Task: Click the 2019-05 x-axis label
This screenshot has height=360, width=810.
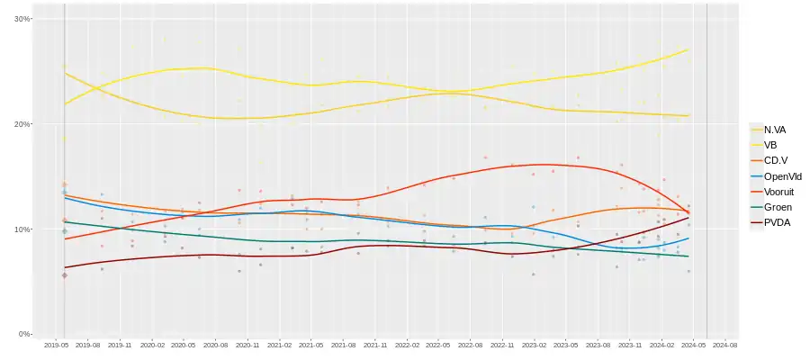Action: tap(57, 345)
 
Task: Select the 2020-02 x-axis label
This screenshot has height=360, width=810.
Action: tap(152, 345)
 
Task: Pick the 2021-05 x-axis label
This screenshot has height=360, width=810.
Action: tap(311, 345)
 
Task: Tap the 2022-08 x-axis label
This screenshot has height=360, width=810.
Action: tap(471, 345)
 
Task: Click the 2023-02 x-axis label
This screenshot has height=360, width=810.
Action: tap(534, 345)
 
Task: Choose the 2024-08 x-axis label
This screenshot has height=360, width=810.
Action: tap(725, 345)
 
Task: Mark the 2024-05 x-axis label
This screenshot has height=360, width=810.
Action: tap(694, 345)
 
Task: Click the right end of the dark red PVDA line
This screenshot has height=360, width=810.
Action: tap(689, 218)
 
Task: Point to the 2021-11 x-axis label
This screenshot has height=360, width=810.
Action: tap(375, 345)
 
